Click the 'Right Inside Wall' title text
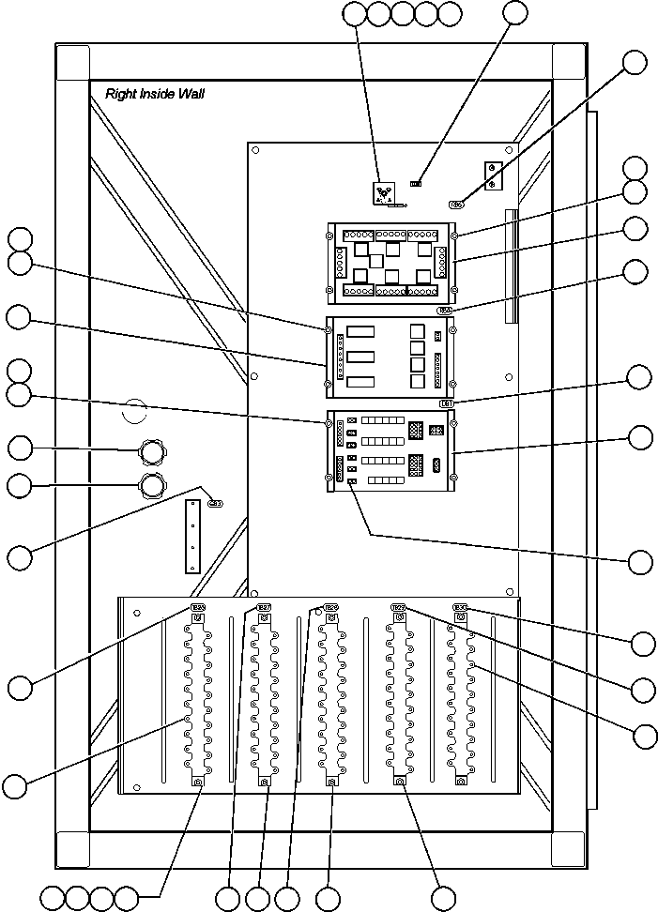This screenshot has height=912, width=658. [x=155, y=94]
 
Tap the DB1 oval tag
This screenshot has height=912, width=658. [x=448, y=403]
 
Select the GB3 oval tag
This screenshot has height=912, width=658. [x=215, y=503]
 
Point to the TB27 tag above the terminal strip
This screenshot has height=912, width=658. [x=265, y=608]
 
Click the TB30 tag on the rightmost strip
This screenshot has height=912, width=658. [x=461, y=608]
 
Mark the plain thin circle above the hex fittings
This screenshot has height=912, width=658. [x=135, y=411]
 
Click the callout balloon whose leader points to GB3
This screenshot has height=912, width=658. [x=20, y=557]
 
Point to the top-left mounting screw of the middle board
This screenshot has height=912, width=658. [x=329, y=328]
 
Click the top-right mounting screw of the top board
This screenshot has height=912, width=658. [x=453, y=236]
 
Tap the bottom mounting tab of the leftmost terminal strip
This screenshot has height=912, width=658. [x=198, y=782]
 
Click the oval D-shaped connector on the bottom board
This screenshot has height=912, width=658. [x=437, y=464]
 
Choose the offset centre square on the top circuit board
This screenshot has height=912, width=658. [x=375, y=260]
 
